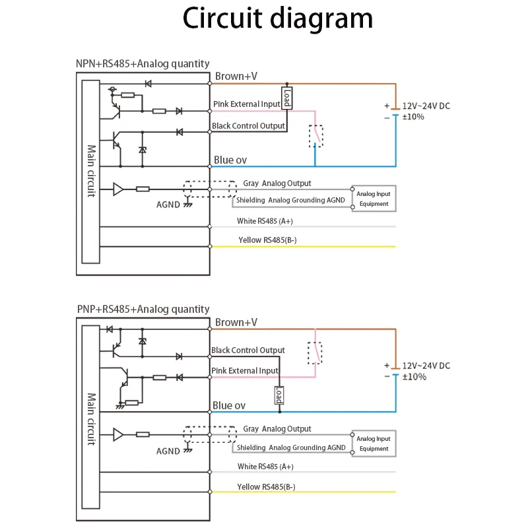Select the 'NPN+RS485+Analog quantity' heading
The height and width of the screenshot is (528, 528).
[143, 64]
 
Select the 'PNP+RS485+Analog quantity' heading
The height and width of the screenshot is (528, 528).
[143, 309]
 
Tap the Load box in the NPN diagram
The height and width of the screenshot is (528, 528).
[287, 98]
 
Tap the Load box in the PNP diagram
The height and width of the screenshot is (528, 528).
[279, 395]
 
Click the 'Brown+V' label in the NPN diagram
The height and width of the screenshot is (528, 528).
[236, 77]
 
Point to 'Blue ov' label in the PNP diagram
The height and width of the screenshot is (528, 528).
[229, 405]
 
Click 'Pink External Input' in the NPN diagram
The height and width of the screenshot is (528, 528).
[246, 104]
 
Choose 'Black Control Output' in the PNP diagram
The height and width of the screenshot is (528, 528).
[248, 350]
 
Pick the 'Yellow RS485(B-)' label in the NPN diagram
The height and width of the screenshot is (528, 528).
[267, 240]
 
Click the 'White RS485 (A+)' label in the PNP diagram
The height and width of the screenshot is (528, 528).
[265, 467]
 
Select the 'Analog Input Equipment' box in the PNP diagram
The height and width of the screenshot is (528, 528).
[374, 444]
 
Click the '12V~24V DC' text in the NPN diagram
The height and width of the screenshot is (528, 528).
[426, 106]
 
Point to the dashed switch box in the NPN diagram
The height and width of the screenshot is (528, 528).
[316, 136]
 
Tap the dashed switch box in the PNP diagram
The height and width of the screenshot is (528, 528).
[315, 353]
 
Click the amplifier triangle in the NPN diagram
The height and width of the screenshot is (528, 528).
[118, 189]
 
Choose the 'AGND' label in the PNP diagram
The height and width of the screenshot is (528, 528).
[168, 451]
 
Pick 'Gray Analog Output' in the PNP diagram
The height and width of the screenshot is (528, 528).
[277, 429]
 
